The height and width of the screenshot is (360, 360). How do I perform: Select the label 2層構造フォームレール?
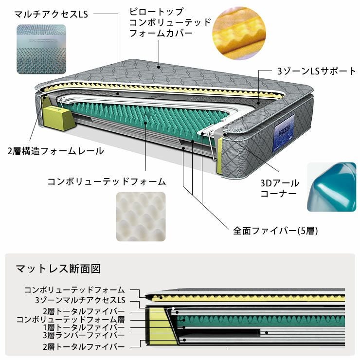[x=55, y=151]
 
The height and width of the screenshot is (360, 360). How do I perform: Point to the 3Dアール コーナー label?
[x=280, y=188]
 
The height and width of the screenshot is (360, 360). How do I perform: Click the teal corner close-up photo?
[x=331, y=187]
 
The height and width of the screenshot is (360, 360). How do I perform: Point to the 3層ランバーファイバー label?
[x=84, y=335]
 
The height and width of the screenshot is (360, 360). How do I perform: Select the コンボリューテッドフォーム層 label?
[x=71, y=320]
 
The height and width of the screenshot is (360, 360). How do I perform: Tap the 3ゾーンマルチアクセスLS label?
[x=80, y=300]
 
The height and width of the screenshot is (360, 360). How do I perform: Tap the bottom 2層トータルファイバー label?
[x=84, y=346]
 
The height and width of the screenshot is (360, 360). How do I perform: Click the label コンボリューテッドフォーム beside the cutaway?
[x=107, y=181]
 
